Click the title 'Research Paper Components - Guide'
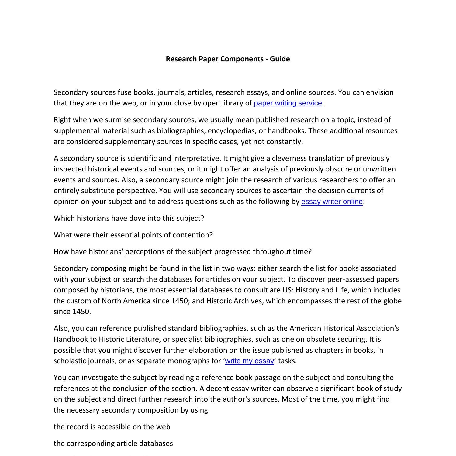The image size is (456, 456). tap(228, 59)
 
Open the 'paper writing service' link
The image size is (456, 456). tap(288, 103)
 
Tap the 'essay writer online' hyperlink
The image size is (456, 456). tap(332, 202)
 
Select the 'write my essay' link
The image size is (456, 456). tap(249, 361)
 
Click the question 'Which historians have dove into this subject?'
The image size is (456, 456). tap(129, 218)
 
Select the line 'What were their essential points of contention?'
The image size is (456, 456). tap(133, 235)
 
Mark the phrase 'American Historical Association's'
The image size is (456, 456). tap(344, 328)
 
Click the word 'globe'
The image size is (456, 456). tap(392, 301)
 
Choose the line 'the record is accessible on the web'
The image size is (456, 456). tap(112, 427)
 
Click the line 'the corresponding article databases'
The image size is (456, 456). tap(113, 444)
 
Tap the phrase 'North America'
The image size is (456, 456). tap(126, 301)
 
